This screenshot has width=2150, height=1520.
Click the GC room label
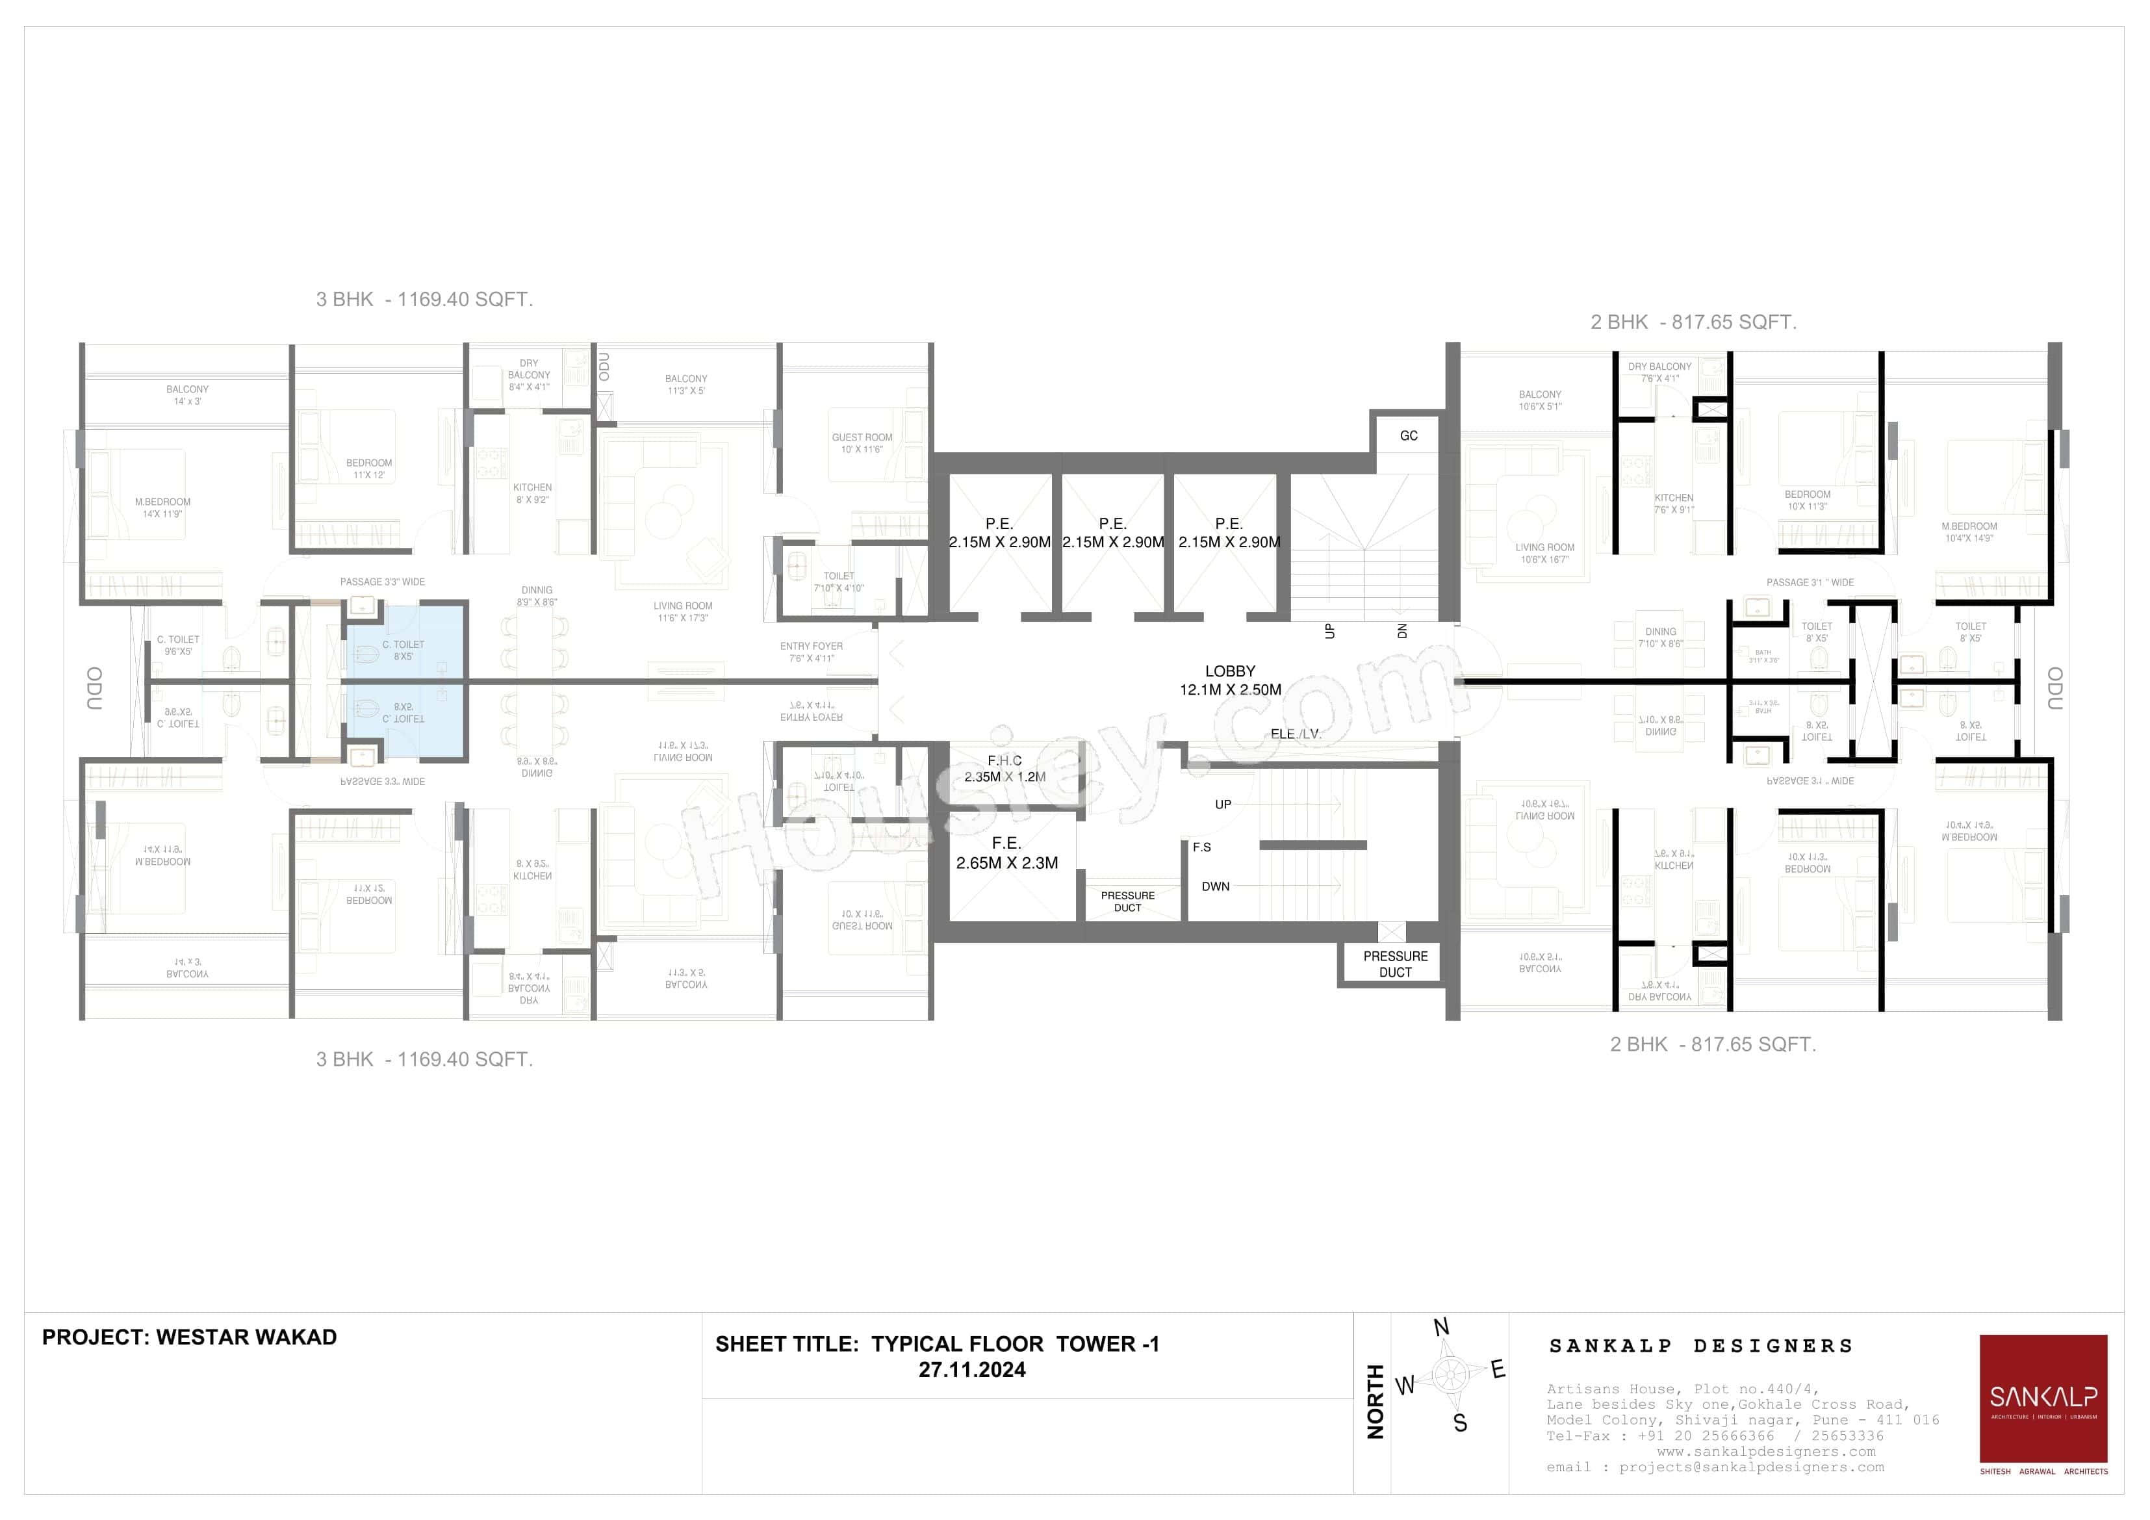1409,435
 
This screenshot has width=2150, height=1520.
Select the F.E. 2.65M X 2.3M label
1006,853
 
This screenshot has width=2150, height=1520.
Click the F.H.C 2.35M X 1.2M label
1005,769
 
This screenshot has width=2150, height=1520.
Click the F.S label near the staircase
1201,847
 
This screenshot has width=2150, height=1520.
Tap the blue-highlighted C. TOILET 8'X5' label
403,650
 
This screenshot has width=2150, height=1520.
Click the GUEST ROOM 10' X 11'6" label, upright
862,443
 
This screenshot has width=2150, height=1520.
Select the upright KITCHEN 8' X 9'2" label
532,493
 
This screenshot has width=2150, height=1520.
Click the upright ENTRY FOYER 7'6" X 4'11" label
811,652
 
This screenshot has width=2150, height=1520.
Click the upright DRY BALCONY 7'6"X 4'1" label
1659,372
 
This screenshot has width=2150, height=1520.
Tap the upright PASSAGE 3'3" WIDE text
382,582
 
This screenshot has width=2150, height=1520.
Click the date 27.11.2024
971,1370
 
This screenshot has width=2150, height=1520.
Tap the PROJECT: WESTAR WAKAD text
189,1337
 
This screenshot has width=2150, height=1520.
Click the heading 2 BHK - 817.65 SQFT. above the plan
1693,322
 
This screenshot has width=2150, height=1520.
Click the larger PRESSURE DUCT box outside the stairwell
1394,964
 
